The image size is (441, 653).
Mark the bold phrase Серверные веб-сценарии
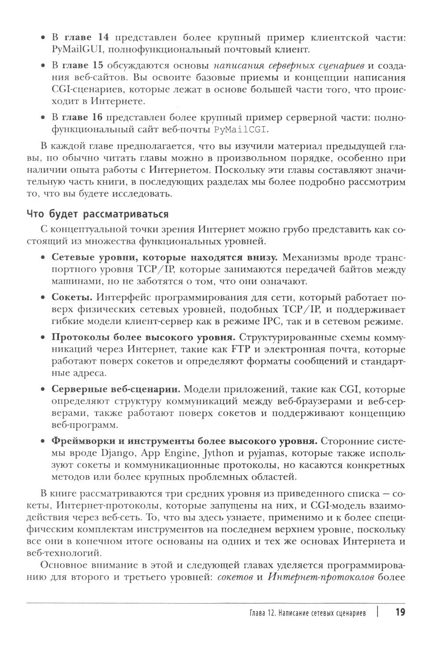(116, 390)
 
